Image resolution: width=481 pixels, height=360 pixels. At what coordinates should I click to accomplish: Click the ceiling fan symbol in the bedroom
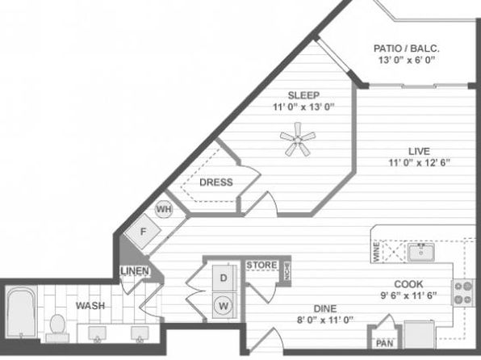[297, 140]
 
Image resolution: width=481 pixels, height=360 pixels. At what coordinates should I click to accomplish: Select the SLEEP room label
[302, 94]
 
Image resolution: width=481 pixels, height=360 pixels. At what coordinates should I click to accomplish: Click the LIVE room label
[418, 151]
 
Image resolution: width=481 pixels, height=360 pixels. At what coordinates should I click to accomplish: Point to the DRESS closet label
[215, 182]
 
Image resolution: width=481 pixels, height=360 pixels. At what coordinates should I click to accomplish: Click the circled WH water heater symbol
[164, 209]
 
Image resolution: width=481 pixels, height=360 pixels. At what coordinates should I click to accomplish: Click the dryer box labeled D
[223, 278]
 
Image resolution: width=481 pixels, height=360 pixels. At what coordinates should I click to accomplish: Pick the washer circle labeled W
[223, 305]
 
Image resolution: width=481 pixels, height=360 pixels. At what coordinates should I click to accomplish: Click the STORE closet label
[261, 265]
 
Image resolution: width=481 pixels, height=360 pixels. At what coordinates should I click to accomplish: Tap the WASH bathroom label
[89, 306]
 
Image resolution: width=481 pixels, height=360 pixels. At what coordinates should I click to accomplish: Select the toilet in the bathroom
[57, 325]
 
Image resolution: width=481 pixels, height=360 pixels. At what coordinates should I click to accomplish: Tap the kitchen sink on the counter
[419, 253]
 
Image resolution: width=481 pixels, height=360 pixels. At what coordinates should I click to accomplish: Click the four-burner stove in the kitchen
[463, 292]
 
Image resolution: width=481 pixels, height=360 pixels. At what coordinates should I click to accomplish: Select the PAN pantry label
[384, 343]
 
